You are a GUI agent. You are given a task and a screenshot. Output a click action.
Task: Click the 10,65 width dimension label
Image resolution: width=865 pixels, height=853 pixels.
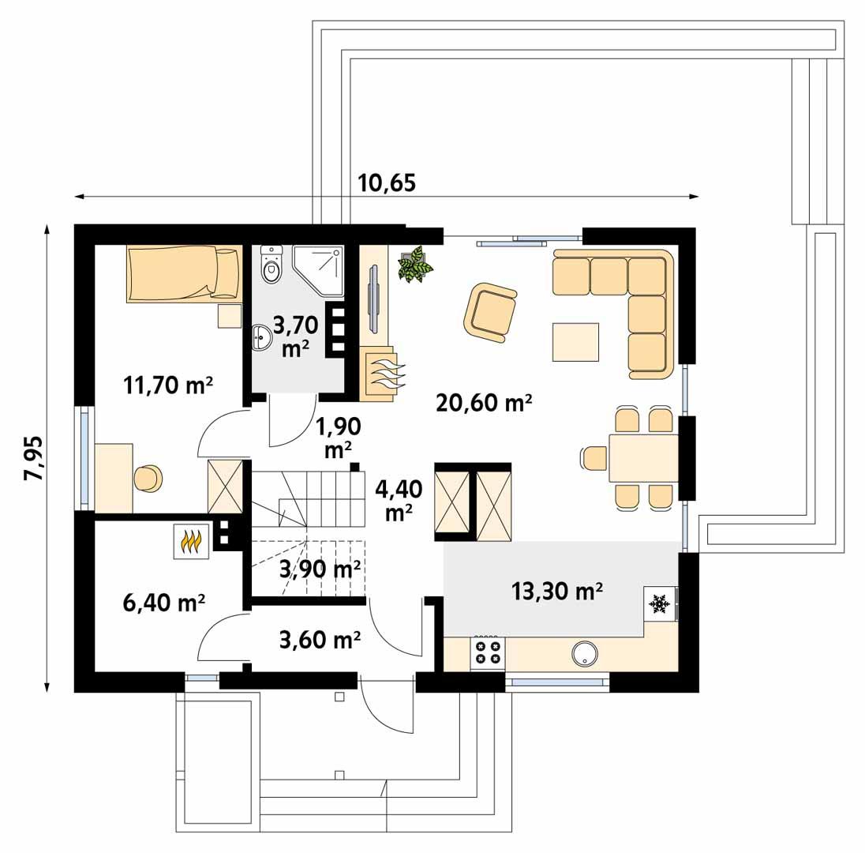pos(387,182)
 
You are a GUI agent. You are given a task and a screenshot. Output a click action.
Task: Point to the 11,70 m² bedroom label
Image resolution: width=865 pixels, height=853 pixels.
pos(169,385)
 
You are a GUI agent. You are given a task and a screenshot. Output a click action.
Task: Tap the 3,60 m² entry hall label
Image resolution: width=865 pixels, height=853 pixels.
pos(320,640)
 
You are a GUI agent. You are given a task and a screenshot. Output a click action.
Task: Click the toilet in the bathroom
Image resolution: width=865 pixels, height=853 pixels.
pos(271,265)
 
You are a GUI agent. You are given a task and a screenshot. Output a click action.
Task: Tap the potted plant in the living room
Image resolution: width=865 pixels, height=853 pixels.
pos(415,265)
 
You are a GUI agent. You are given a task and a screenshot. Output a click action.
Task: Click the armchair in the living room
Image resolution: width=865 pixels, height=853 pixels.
pos(490,313)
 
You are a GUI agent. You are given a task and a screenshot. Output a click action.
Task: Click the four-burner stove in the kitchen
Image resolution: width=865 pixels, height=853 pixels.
pos(486,652)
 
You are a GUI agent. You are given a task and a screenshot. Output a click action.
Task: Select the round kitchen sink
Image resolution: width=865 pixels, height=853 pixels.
pos(585,652)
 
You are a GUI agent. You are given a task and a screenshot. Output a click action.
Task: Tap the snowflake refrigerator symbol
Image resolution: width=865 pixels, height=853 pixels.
pos(659,603)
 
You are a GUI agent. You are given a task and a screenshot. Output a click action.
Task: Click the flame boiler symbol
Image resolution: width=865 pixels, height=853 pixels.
pos(191,542)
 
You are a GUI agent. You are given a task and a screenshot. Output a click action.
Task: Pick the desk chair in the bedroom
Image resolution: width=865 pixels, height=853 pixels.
pos(148,479)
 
